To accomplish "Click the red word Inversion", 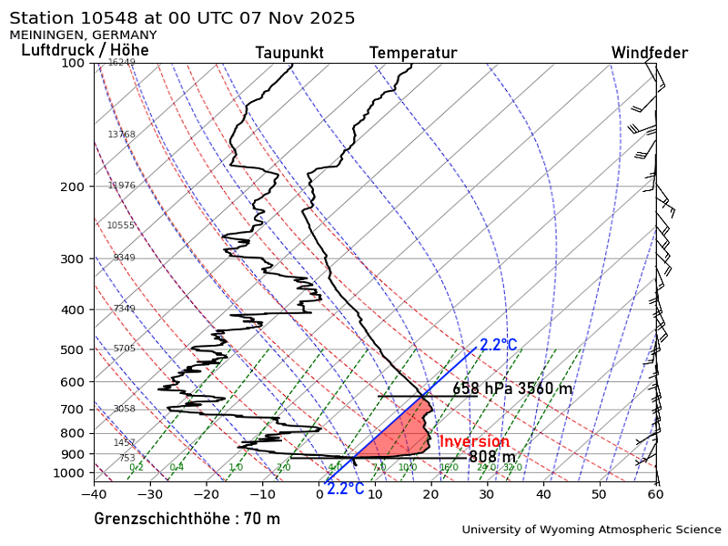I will [474, 442].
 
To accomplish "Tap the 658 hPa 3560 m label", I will [512, 389].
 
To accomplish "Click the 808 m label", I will [491, 457].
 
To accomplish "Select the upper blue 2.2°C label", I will [498, 346].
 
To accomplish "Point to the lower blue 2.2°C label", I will [345, 490].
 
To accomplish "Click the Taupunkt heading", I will [289, 54].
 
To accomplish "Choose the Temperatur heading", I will [412, 54].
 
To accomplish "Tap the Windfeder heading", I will [649, 54].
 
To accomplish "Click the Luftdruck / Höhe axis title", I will [85, 50].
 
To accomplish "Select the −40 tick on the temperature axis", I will [94, 494].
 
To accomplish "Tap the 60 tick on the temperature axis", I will [655, 494].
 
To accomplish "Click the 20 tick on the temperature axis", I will [430, 494].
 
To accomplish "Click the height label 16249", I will [121, 63].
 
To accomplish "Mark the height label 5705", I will [124, 349].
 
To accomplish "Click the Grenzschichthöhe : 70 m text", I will [187, 520].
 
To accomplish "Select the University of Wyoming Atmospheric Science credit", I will [591, 530].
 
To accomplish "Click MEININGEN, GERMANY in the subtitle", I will [83, 35].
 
